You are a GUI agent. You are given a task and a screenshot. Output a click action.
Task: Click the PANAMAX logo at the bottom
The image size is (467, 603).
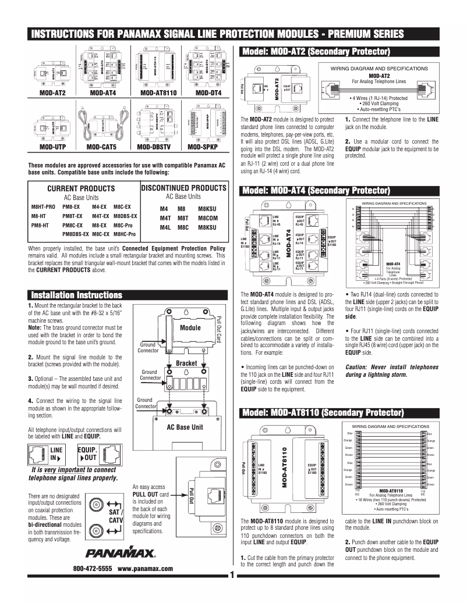click(x=120, y=551)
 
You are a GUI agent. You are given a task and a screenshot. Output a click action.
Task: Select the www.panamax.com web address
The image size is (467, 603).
click(x=146, y=568)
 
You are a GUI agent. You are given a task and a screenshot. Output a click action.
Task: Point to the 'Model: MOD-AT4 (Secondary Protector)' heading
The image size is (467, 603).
click(x=315, y=191)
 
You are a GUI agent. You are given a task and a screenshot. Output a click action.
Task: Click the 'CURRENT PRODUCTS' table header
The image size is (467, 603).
click(x=80, y=189)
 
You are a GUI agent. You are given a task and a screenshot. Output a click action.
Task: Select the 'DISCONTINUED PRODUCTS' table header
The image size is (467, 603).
click(x=183, y=188)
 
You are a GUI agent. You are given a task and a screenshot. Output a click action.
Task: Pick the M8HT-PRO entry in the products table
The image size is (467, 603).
click(x=43, y=206)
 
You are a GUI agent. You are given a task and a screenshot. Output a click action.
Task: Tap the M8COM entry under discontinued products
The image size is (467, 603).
click(x=207, y=217)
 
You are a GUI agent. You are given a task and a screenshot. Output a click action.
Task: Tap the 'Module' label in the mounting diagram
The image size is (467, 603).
click(x=190, y=328)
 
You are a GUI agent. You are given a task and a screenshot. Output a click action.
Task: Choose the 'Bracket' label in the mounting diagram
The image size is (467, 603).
click(x=187, y=363)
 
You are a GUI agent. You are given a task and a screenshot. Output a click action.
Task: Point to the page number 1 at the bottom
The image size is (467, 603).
click(x=231, y=576)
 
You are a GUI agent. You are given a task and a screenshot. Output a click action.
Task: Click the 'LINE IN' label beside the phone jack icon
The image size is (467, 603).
click(x=56, y=454)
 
